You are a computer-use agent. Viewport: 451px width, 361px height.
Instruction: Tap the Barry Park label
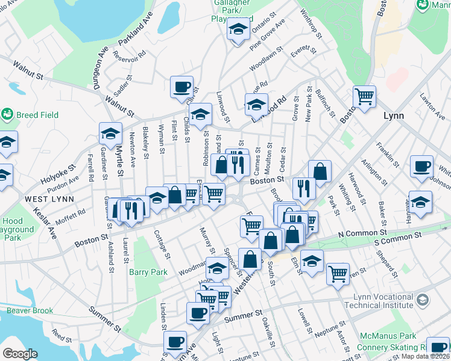[x=148, y=272]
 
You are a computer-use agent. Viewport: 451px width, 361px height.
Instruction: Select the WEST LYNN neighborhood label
[x=49, y=199]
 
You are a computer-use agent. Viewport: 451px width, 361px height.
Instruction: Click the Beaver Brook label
[x=30, y=311]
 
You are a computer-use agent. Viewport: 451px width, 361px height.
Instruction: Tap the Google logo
[x=20, y=354]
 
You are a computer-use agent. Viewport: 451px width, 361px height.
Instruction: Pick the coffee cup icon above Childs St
[x=181, y=87]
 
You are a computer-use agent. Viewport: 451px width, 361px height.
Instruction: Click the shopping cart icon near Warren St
[x=338, y=274]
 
